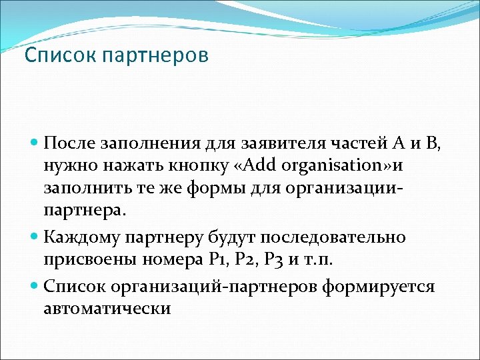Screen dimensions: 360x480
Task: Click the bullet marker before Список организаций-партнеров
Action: point(35,287)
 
